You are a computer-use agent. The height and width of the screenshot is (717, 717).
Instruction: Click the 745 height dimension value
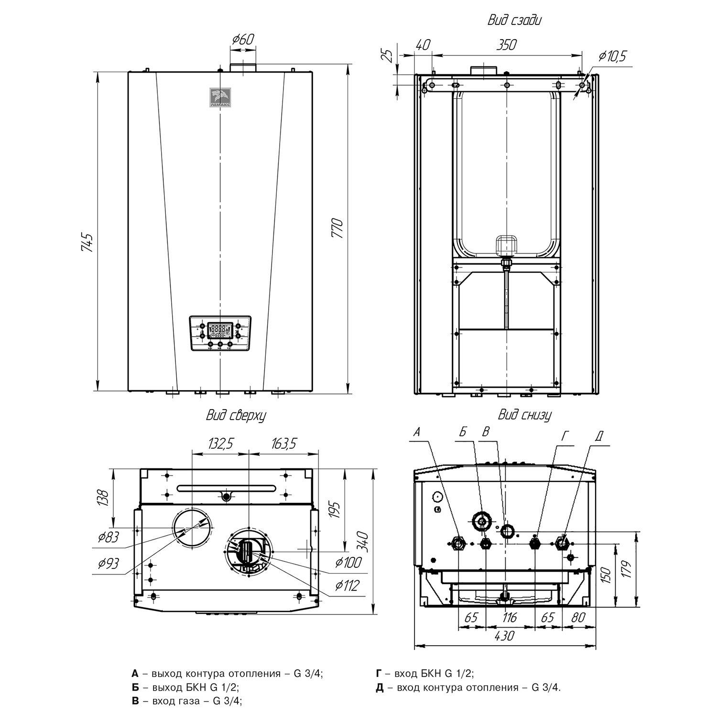(86, 242)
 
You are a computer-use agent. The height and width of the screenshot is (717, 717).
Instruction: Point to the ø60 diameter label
(242, 39)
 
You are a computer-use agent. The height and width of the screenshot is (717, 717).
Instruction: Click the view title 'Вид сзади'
(514, 21)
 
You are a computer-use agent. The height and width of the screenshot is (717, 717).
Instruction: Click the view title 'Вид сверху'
(236, 415)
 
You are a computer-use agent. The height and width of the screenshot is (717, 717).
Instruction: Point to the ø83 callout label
(109, 537)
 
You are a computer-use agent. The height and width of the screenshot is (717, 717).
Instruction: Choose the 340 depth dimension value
(365, 541)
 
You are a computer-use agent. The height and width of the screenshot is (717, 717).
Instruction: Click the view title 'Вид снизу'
(524, 414)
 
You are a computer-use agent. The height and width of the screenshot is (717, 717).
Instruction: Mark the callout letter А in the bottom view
(417, 433)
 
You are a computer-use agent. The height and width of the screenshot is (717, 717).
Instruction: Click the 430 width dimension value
(505, 636)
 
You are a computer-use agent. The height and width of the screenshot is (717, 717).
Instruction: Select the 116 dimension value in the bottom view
(510, 618)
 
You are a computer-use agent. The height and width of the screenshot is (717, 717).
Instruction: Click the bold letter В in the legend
(135, 701)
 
